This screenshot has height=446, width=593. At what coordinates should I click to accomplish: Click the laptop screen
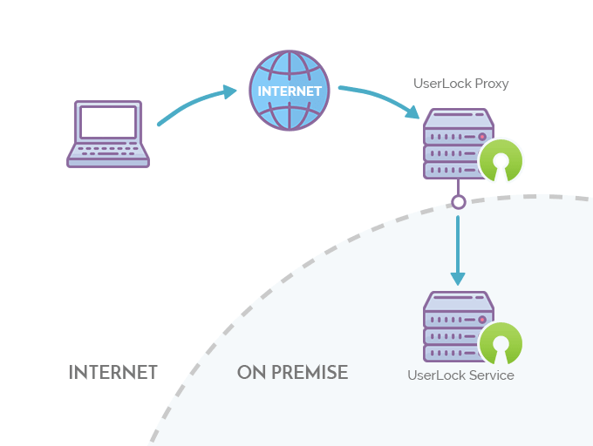pos(108,122)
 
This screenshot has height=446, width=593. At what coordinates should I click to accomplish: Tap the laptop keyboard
pos(108,151)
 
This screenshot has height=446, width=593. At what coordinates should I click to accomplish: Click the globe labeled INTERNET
pos(290,91)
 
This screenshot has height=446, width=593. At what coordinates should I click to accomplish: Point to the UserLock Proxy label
pos(460,84)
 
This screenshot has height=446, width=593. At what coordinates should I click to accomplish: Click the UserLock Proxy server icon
pos(459,144)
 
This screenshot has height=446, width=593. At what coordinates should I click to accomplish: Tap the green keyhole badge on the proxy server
pos(501,160)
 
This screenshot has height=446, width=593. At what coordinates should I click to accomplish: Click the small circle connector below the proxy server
pos(459,202)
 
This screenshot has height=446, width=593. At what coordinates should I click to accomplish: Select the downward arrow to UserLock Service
pos(458,250)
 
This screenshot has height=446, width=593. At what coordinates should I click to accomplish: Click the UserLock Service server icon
pos(459,327)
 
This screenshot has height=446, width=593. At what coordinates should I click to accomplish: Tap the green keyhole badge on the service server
pos(501,344)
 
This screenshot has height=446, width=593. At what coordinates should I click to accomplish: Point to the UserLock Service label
pos(460,375)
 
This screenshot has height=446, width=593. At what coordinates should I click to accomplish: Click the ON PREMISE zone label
pos(292,372)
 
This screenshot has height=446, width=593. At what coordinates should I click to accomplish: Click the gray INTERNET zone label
pos(112,373)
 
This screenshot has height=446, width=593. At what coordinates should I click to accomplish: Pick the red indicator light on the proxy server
pos(482,137)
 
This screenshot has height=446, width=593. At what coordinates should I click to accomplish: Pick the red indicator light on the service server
pos(482,320)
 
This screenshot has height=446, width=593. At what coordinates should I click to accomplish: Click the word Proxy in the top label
pos(492,84)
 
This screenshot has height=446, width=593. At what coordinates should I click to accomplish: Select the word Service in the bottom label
pos(492,375)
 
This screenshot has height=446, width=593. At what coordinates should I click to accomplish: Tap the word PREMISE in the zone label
pos(310,372)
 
